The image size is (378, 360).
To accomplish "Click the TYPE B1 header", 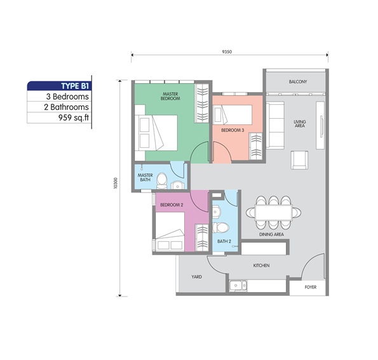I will [x=74, y=86].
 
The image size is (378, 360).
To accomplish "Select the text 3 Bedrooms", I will [x=67, y=97].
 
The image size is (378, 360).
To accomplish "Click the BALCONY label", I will [x=297, y=82].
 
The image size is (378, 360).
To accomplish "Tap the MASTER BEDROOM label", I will [x=170, y=96].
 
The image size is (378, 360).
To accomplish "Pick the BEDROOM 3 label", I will [x=232, y=130].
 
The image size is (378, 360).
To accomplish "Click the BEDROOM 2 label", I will [x=172, y=204].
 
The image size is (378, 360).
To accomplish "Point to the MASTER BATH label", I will [x=145, y=177].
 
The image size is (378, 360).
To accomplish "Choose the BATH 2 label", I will [x=223, y=241].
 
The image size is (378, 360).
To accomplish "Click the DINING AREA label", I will [x=271, y=234].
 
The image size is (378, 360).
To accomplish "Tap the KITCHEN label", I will [x=262, y=265].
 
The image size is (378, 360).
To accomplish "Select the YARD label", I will [x=196, y=277].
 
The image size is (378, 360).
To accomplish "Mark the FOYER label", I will [x=309, y=287].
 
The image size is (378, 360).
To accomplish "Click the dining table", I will [x=275, y=211].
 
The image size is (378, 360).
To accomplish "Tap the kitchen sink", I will [x=240, y=285].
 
